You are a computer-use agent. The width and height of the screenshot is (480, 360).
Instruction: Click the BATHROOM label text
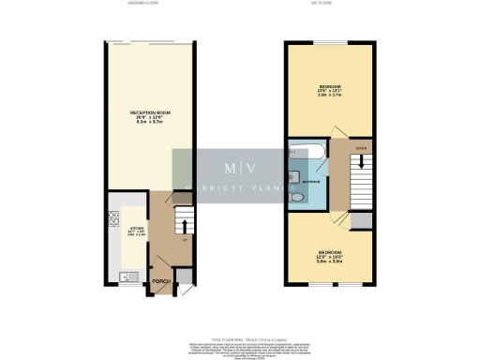tap(312, 180)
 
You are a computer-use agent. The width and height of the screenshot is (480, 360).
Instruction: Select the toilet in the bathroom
tap(297, 199)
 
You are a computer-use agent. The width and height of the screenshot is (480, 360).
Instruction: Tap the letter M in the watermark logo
tap(230, 169)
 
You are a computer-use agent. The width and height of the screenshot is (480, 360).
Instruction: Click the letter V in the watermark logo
tap(252, 169)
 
